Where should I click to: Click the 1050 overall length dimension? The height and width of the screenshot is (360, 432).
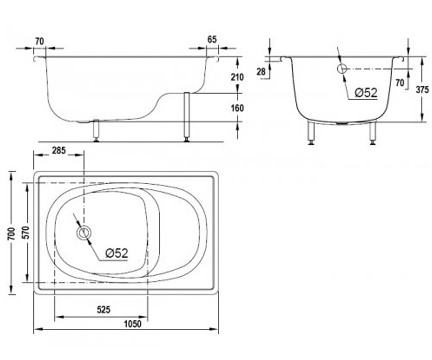(x=132, y=324)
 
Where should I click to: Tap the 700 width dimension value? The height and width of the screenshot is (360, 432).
(x=12, y=234)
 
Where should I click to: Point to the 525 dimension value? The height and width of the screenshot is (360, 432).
(x=104, y=310)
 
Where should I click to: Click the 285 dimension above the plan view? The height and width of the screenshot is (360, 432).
(x=59, y=150)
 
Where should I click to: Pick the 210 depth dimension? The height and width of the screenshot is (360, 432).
(x=237, y=77)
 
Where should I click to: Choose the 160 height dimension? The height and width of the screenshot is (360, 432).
(x=237, y=108)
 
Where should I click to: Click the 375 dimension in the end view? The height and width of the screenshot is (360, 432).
(x=422, y=90)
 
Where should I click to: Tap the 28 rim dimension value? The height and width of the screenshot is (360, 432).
(x=261, y=72)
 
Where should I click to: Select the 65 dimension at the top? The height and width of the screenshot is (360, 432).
(x=212, y=40)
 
